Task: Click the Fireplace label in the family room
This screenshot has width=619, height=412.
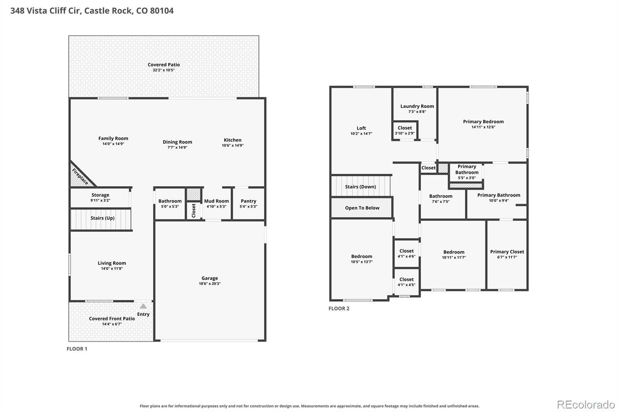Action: [80, 177]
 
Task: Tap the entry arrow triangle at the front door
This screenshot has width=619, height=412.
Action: [143, 306]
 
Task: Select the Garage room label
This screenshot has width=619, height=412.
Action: [210, 278]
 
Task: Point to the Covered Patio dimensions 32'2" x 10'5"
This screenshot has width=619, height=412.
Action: [164, 70]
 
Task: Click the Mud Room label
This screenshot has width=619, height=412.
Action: [216, 201]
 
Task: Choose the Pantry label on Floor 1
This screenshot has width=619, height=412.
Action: [248, 201]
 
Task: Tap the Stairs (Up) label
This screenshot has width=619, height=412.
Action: [103, 218]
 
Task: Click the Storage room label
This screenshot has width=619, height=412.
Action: [100, 195]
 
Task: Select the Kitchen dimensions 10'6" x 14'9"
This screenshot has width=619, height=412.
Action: [233, 146]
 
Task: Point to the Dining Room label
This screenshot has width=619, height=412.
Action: [178, 142]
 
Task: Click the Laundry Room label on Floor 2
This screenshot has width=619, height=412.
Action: [417, 106]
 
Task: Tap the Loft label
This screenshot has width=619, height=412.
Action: [361, 128]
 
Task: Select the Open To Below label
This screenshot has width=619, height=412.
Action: [362, 208]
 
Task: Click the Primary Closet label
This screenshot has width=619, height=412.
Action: [507, 252]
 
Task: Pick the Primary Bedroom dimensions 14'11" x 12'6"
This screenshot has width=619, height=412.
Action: [483, 127]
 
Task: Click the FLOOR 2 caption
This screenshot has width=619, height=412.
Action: [339, 308]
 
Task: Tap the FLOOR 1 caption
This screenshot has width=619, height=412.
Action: [77, 349]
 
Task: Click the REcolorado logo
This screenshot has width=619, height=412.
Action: [586, 405]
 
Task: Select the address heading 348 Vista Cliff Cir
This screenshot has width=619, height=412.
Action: [46, 11]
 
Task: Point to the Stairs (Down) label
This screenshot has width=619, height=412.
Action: [361, 187]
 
